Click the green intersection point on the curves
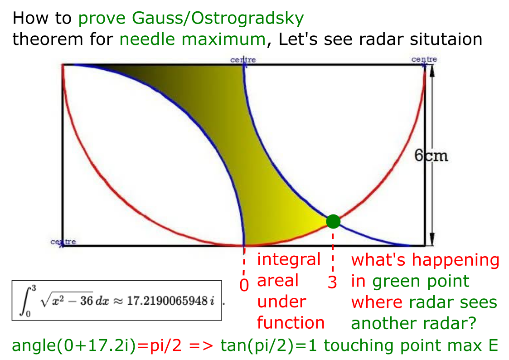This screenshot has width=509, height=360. (x=333, y=221)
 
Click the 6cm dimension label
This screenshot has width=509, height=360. (x=431, y=156)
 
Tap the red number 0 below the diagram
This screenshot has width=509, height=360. (x=244, y=284)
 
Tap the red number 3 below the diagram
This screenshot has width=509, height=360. (x=333, y=282)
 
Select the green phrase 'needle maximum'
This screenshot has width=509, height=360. (x=192, y=39)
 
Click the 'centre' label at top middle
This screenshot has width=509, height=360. (x=243, y=60)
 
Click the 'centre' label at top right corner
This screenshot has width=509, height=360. (x=424, y=59)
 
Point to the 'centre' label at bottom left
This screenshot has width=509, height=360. (x=63, y=242)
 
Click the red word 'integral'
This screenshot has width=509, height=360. (x=289, y=260)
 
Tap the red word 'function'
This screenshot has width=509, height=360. (x=291, y=323)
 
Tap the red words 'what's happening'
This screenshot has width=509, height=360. (x=425, y=260)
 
